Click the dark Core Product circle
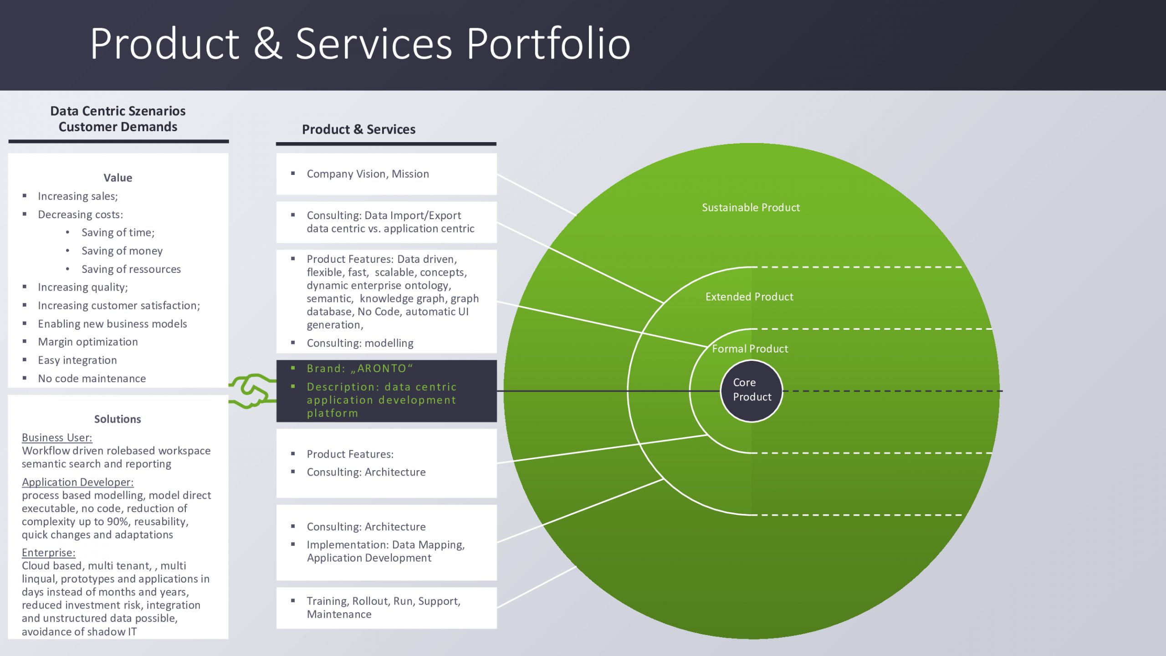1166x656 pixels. [x=752, y=390]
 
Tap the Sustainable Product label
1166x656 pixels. [x=751, y=208]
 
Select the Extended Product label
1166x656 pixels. [x=749, y=297]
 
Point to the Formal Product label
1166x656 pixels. [x=750, y=349]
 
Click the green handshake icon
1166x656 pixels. [x=252, y=391]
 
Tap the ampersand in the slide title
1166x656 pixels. [x=267, y=44]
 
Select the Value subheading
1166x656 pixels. [x=118, y=178]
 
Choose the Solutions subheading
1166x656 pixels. [x=118, y=419]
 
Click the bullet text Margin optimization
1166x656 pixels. [x=87, y=342]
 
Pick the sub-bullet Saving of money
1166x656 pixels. [x=122, y=251]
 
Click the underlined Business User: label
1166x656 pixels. [x=57, y=438]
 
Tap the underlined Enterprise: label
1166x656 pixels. [x=49, y=553]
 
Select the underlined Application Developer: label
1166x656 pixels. [x=77, y=482]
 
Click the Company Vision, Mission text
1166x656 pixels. [x=368, y=174]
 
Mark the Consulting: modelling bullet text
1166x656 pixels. [x=360, y=343]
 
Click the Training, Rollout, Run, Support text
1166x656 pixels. [x=384, y=601]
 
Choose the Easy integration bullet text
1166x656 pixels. [x=77, y=360]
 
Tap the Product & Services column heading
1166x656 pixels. [x=358, y=129]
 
